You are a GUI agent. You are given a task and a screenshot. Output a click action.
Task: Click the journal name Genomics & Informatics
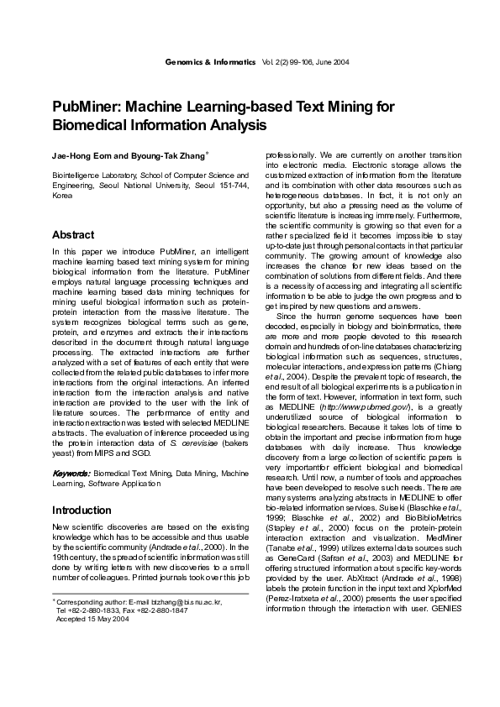[x=210, y=63]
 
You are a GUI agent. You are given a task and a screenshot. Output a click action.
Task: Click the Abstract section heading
[x=73, y=234]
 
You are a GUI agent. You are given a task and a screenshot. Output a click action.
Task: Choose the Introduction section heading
[x=82, y=510]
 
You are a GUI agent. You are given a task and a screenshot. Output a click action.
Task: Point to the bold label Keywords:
[x=71, y=474]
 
